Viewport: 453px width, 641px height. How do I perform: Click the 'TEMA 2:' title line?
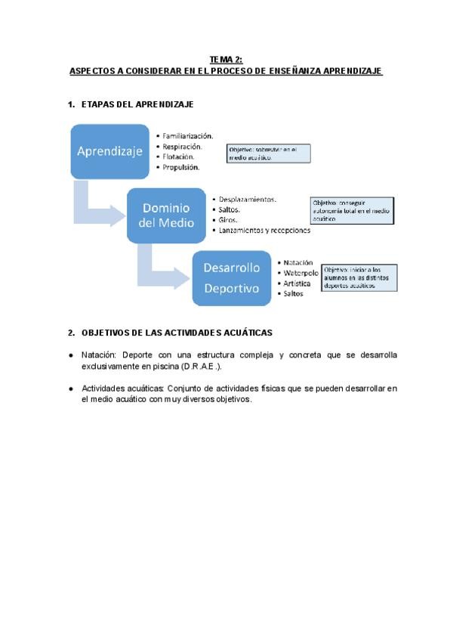point(226,59)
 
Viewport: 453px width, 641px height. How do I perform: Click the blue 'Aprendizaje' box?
point(109,151)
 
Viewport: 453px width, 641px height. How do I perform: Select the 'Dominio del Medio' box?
point(166,215)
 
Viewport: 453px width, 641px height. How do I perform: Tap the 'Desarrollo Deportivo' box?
point(231,277)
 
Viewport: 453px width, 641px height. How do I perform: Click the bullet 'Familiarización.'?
point(187,136)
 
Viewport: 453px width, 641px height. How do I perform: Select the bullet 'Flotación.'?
point(180,156)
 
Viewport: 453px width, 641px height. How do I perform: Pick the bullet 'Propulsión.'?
point(181,166)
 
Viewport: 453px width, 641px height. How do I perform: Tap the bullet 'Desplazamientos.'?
point(247,200)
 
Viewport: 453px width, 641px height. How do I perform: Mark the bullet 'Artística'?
point(296,283)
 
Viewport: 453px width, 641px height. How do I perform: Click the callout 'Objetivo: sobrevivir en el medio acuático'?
point(270,154)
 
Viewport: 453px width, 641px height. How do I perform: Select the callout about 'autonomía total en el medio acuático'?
point(353,210)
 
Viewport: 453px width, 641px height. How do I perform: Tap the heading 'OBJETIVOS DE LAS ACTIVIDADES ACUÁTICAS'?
point(176,332)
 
